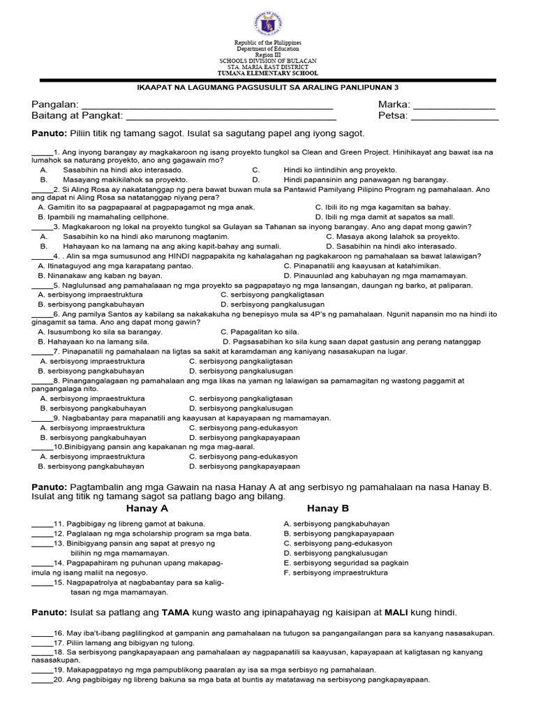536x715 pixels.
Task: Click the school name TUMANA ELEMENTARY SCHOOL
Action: point(267,73)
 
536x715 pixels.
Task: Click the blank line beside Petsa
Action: point(454,118)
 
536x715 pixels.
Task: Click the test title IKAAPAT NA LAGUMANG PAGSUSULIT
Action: point(267,88)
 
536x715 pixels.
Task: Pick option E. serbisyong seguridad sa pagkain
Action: point(346,563)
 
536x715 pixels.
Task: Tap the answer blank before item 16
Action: point(42,634)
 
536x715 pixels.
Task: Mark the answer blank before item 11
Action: point(42,524)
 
